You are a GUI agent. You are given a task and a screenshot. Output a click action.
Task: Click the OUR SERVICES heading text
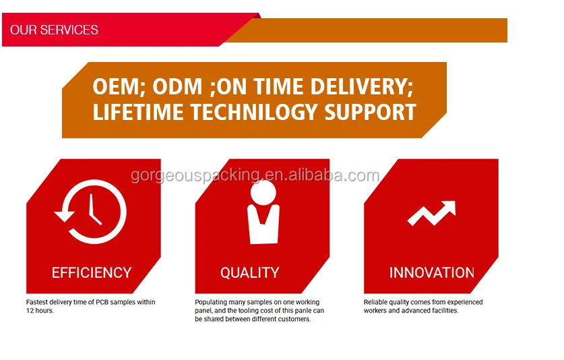[54, 30]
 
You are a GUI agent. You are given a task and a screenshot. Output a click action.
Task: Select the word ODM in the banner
[177, 87]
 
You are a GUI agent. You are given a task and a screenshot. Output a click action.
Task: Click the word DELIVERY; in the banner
[361, 87]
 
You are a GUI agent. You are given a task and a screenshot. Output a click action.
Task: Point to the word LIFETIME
[139, 112]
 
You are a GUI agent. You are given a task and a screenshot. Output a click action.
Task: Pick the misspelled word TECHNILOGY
[253, 112]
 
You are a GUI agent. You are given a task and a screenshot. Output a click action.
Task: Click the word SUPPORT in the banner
[370, 112]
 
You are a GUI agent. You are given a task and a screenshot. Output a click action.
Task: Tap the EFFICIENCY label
[92, 273]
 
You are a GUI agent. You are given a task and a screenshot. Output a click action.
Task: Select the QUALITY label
[249, 273]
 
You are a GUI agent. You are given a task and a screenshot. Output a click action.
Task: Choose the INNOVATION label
[432, 273]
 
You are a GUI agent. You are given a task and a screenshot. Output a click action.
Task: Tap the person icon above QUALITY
[263, 212]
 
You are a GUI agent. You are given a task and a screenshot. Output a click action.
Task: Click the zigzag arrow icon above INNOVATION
[432, 213]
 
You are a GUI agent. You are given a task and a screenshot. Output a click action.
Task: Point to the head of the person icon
[263, 193]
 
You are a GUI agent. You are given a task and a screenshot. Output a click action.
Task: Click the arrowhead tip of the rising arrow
[455, 202]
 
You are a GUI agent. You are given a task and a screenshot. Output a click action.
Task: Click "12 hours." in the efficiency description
[40, 311]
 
